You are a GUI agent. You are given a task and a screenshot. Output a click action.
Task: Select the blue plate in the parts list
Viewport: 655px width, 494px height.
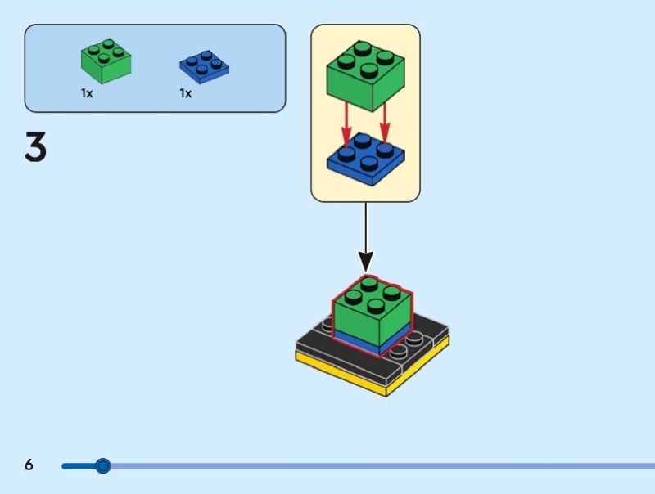[x=204, y=68]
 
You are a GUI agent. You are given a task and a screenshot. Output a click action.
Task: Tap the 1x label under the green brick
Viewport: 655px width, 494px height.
[x=87, y=93]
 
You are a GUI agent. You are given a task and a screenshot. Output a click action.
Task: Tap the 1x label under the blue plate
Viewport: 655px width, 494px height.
[x=186, y=93]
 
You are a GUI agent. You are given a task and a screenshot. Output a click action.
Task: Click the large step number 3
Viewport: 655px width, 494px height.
[x=35, y=148]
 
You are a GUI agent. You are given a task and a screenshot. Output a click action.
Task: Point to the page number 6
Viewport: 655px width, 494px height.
[x=29, y=465]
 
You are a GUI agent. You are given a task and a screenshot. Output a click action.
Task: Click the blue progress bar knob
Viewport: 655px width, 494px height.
[x=102, y=466]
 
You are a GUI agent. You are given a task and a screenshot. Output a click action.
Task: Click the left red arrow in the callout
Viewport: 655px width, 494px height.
[x=346, y=123]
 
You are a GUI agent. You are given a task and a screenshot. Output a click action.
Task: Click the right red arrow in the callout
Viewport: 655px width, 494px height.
[x=385, y=123]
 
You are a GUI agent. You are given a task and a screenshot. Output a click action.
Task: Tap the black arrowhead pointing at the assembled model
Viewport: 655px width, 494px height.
[x=366, y=262]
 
